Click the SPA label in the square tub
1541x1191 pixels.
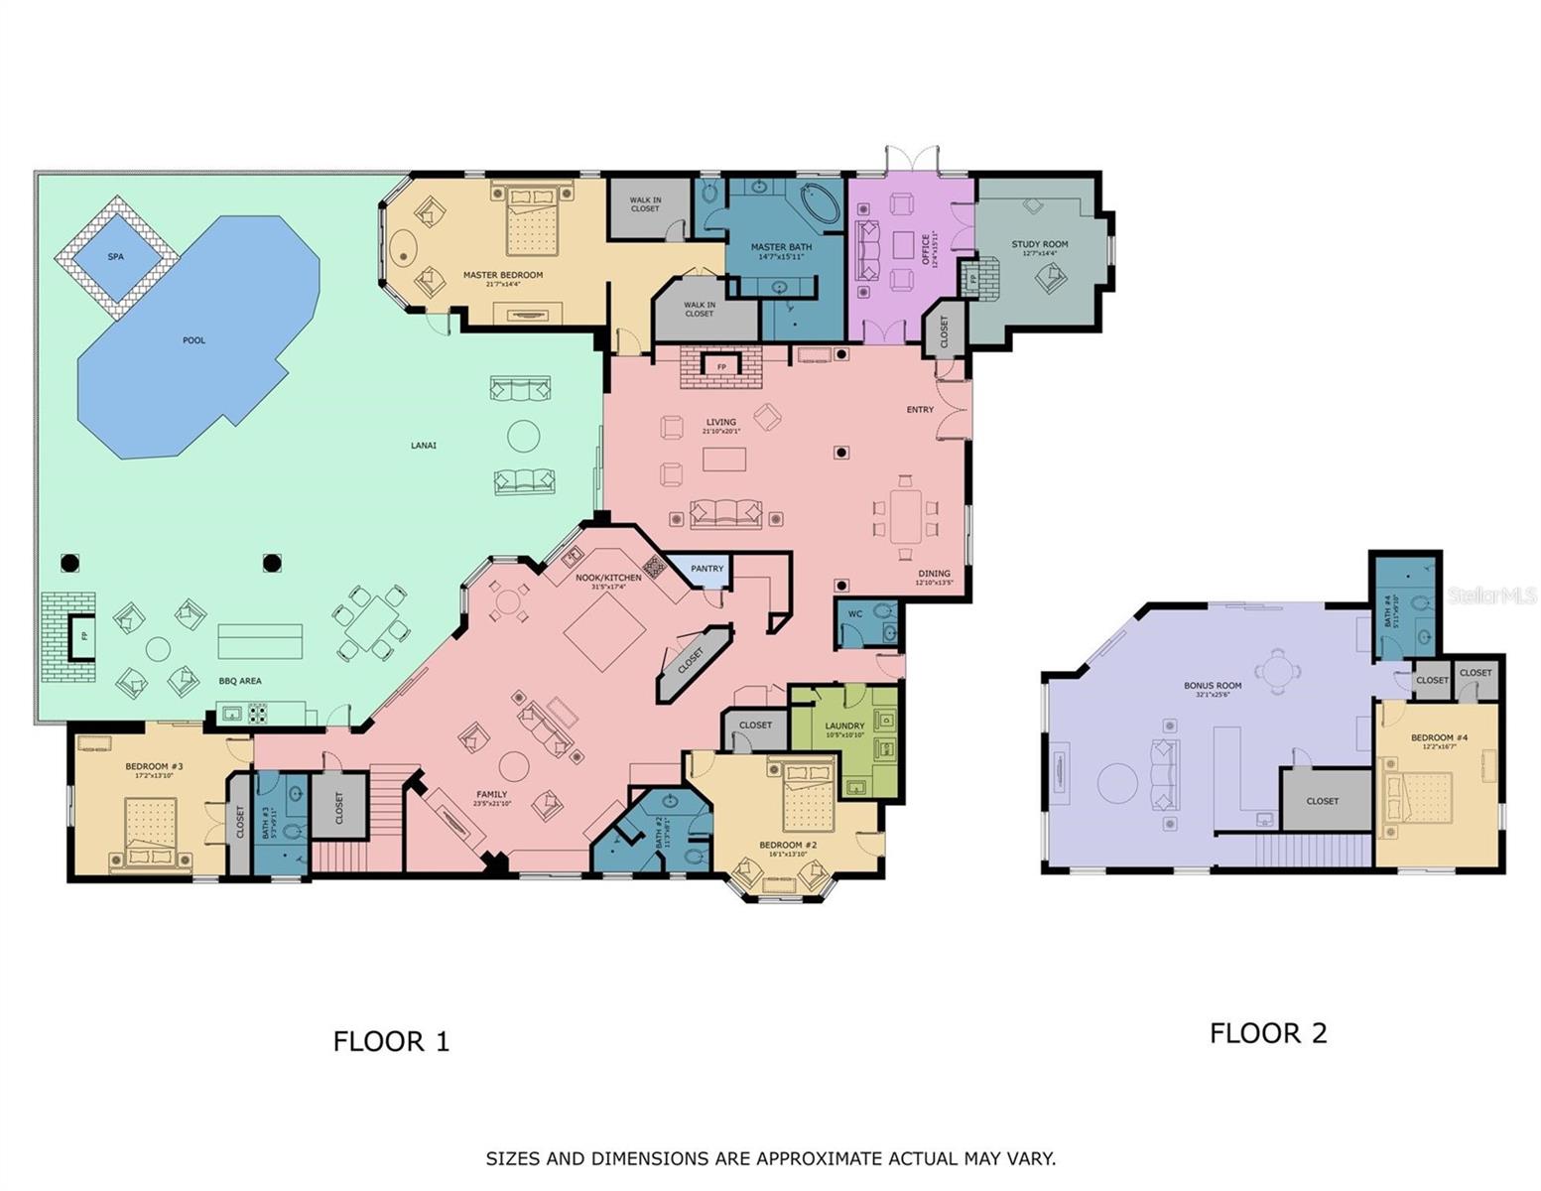coord(116,257)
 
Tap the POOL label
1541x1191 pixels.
coord(194,340)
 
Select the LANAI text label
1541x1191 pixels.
coord(424,446)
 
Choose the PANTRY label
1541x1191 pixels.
coord(707,569)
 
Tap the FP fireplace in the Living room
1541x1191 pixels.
coord(721,367)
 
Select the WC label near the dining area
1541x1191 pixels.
coord(855,614)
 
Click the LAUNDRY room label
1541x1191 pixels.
coord(844,726)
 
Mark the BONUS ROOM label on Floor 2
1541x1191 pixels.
coord(1213,686)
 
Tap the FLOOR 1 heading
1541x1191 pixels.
coord(391,1041)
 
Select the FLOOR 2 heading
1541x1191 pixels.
coord(1268,1033)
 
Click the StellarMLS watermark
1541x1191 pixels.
coord(1491,595)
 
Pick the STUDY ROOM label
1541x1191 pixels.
coord(1040,244)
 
